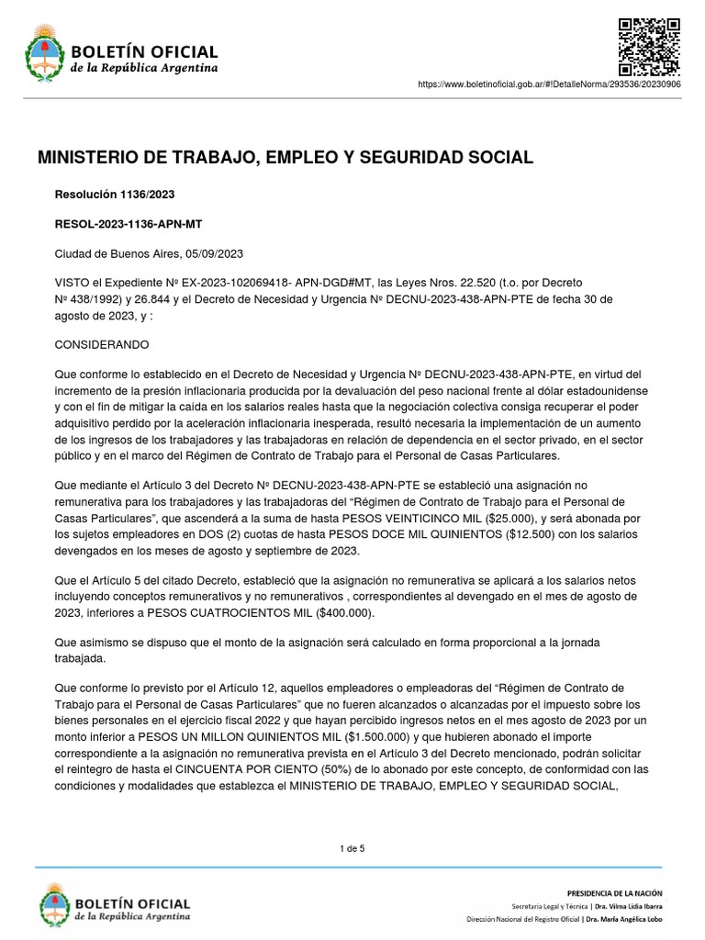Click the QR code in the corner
(648, 47)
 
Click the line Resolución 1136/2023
(116, 195)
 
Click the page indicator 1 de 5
(352, 848)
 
